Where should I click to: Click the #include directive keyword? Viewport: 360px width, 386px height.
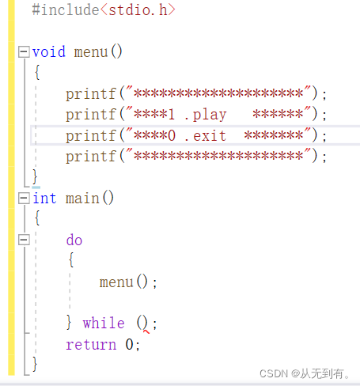click(66, 10)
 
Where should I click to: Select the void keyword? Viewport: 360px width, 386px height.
click(49, 51)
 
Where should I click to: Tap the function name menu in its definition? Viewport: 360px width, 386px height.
click(91, 52)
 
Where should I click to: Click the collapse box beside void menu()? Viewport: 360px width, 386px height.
click(24, 51)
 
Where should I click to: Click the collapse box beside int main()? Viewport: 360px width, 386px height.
click(24, 198)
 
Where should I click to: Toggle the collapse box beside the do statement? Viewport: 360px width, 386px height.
click(24, 240)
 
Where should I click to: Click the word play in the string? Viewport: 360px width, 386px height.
click(210, 115)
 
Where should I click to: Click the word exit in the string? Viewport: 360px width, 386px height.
click(210, 136)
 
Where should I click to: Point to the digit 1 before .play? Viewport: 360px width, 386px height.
click(172, 115)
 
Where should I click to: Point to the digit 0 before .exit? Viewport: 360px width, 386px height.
click(172, 135)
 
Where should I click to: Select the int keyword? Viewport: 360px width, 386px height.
click(44, 198)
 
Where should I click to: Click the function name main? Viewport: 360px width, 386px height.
click(82, 199)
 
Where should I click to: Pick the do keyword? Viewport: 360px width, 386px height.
click(74, 240)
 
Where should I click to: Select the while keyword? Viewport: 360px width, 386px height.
click(104, 323)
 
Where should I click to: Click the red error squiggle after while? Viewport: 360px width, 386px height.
click(146, 331)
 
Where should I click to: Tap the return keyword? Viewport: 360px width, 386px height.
click(91, 345)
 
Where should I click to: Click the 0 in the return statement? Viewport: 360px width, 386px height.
click(129, 344)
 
